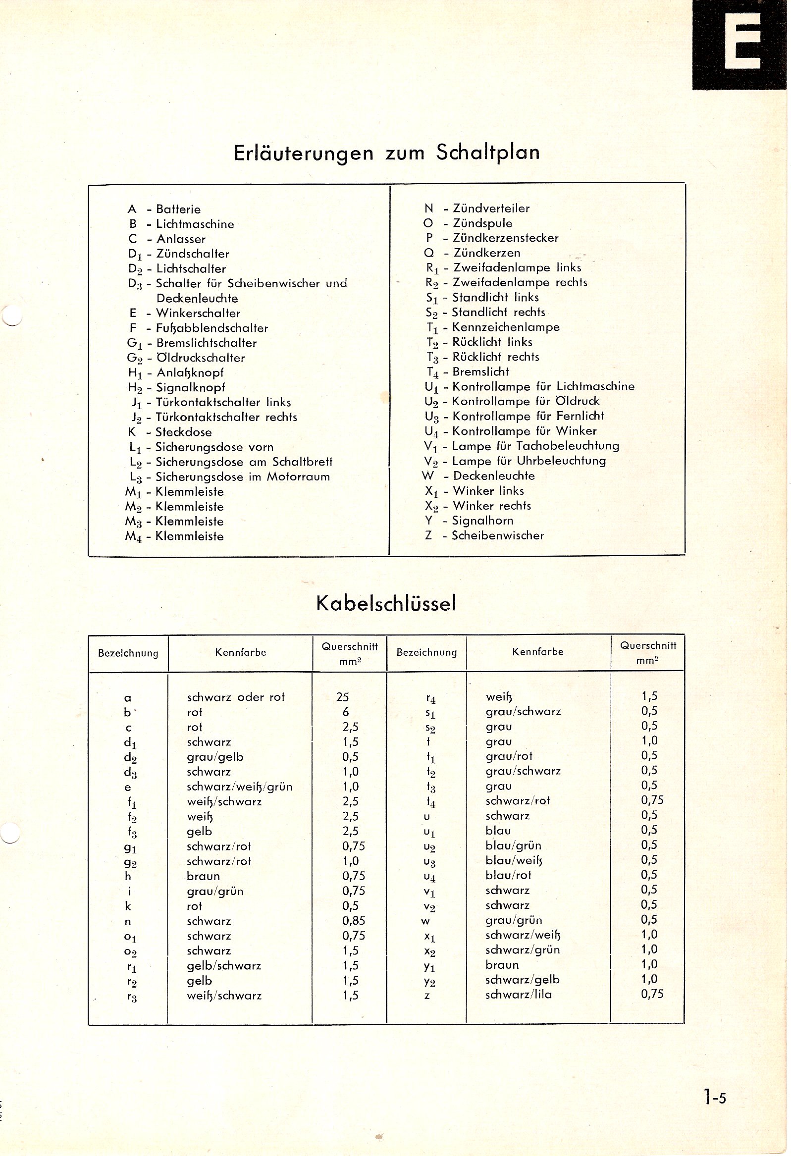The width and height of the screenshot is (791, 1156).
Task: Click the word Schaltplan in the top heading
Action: (x=487, y=153)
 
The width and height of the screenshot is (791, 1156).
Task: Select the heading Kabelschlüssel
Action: (x=386, y=603)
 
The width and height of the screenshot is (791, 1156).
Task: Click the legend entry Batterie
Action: (x=178, y=210)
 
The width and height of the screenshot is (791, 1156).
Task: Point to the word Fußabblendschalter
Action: (x=212, y=328)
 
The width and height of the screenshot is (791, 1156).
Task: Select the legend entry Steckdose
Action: (x=184, y=432)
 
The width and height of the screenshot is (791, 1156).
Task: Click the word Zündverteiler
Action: (x=491, y=209)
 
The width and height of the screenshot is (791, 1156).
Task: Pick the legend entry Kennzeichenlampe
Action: (x=506, y=327)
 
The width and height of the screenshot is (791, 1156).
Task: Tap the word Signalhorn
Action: (x=483, y=521)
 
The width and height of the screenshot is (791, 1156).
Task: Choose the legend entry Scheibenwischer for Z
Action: (x=497, y=536)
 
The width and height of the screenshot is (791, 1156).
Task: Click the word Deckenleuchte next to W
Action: (x=494, y=476)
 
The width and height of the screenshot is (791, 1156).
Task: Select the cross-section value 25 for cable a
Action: (x=342, y=697)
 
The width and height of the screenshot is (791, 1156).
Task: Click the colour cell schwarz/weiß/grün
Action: (x=239, y=787)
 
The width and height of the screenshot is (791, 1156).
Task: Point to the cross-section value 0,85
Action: (x=353, y=921)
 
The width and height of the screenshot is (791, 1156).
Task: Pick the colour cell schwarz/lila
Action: (x=519, y=995)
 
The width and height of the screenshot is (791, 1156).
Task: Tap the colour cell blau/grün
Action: (x=513, y=845)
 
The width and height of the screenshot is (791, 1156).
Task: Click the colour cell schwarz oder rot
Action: (x=236, y=697)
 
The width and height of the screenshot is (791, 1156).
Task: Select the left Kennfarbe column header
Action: (x=240, y=652)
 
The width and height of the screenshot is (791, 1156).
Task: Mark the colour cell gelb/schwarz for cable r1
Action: (x=224, y=965)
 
